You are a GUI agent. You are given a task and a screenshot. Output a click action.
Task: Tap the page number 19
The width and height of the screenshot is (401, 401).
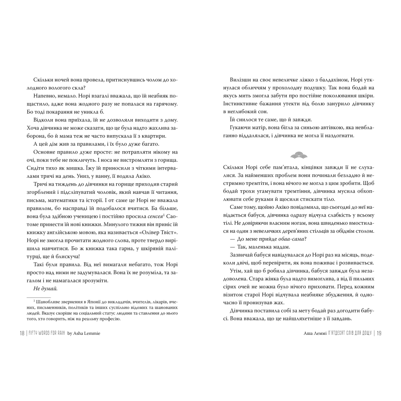click(x=379, y=333)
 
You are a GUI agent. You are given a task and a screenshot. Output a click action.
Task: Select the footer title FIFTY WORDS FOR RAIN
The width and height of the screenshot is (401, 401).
click(x=47, y=333)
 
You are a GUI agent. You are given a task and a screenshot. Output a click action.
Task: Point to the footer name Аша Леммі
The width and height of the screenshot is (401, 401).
click(x=310, y=333)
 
